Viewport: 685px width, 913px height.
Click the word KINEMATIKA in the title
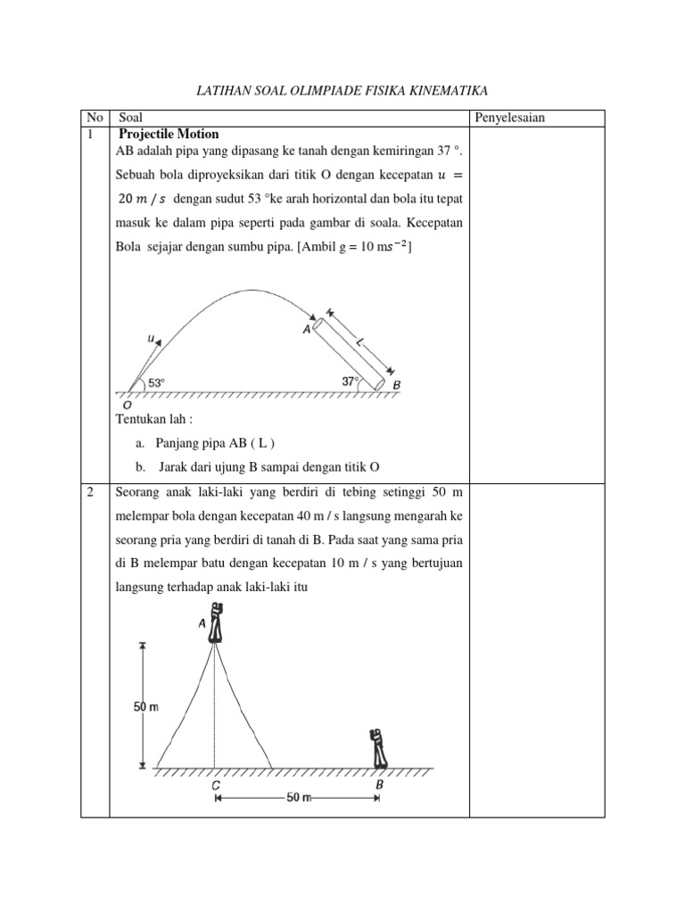tap(447, 90)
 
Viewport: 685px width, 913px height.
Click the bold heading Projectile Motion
tap(168, 134)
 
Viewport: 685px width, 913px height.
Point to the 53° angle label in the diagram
tap(157, 382)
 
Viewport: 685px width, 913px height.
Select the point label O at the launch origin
tap(127, 404)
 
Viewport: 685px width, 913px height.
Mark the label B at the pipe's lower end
tap(397, 385)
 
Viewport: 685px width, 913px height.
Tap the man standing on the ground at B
tap(378, 748)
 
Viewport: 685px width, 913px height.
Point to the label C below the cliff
tap(215, 786)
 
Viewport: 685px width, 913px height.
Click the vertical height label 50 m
tap(145, 707)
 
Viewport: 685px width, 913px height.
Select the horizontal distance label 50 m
tap(296, 798)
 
